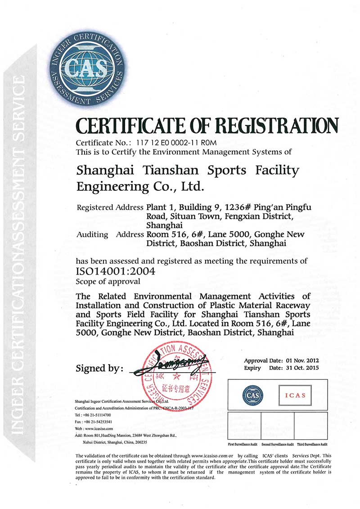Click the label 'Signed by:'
[100, 368]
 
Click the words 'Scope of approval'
[108, 282]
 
